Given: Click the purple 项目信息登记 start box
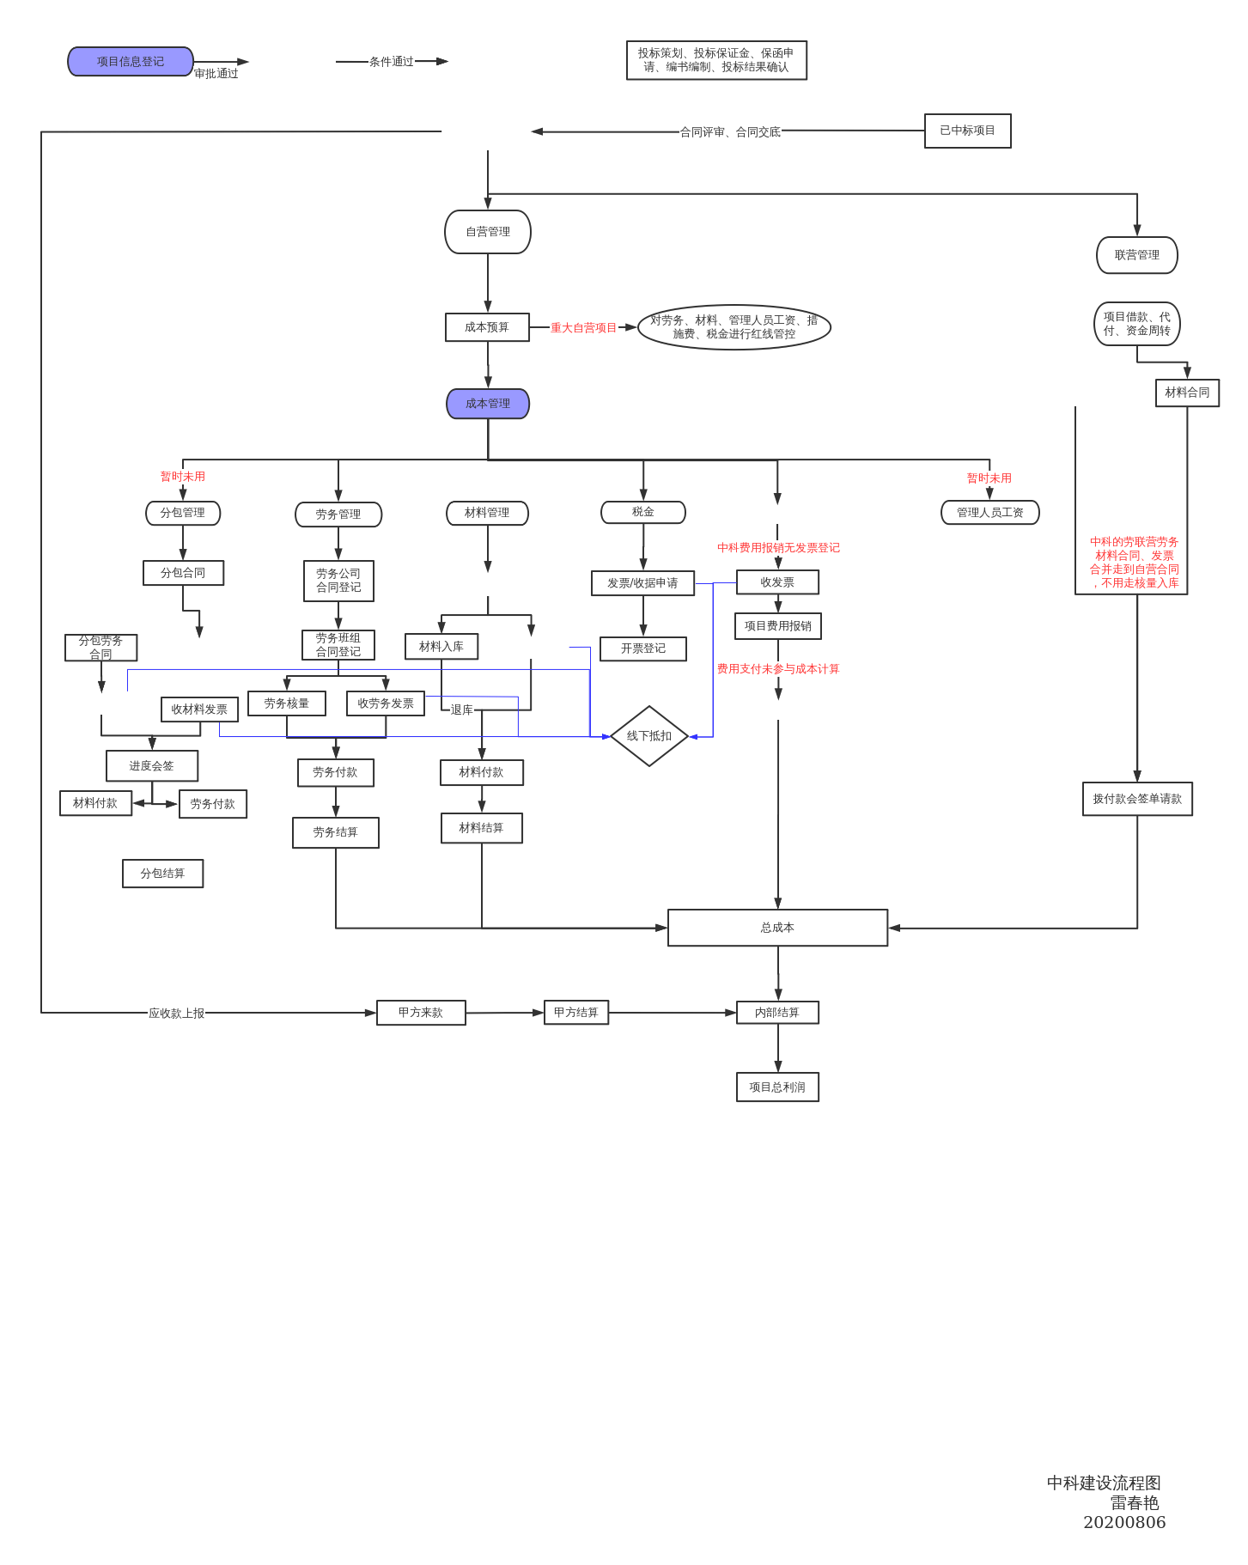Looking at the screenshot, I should point(131,62).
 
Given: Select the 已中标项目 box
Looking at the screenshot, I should point(967,131).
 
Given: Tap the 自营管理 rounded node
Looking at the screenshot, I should point(488,232).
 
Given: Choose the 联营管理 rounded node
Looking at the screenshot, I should point(1136,255).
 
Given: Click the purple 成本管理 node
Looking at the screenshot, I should point(488,404).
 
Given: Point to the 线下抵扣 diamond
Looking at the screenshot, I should point(649,736).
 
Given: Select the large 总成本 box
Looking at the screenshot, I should point(777,928).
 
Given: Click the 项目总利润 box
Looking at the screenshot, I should point(777,1087).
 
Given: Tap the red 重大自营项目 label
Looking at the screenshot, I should point(584,328).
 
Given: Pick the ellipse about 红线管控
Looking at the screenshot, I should point(734,327).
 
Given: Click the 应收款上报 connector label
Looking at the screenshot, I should point(177,1014).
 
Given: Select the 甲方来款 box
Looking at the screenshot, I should point(421,1013).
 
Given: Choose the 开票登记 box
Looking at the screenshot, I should point(643,649).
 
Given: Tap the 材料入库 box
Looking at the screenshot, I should point(441,647).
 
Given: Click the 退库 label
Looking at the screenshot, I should point(462,710).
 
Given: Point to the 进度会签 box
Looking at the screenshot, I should point(152,766).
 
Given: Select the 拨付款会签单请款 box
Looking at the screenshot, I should point(1137,799).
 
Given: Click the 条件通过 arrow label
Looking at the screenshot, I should point(392,62).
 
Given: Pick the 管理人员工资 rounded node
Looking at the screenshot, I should point(990,513).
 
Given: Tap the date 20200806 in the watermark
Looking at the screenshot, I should point(1124,1523).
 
